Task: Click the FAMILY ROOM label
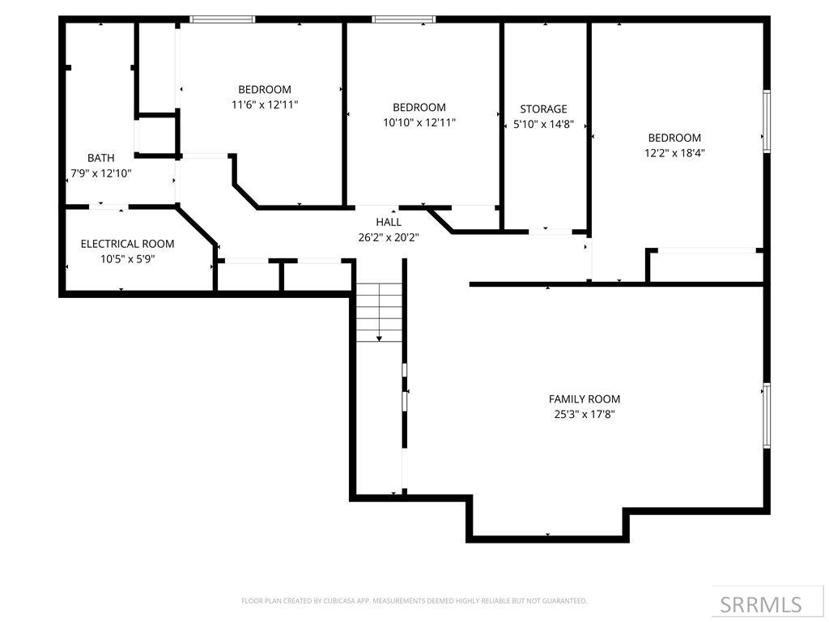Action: [584, 398]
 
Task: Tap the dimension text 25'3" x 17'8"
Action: [584, 414]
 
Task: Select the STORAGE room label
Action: [543, 109]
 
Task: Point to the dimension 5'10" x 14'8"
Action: [543, 124]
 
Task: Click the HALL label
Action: [389, 222]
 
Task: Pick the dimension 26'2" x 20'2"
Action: [389, 237]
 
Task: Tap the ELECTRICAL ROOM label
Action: [127, 244]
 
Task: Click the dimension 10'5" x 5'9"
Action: [127, 259]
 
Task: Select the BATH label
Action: [101, 158]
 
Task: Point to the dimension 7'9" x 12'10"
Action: [101, 173]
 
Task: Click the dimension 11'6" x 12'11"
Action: [265, 104]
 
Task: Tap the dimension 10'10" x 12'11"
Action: [419, 122]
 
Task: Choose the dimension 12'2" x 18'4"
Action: [674, 153]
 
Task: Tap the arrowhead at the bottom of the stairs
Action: [379, 338]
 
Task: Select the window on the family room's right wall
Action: [766, 415]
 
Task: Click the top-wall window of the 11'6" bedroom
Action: [222, 19]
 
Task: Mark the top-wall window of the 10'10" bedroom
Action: [403, 19]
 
